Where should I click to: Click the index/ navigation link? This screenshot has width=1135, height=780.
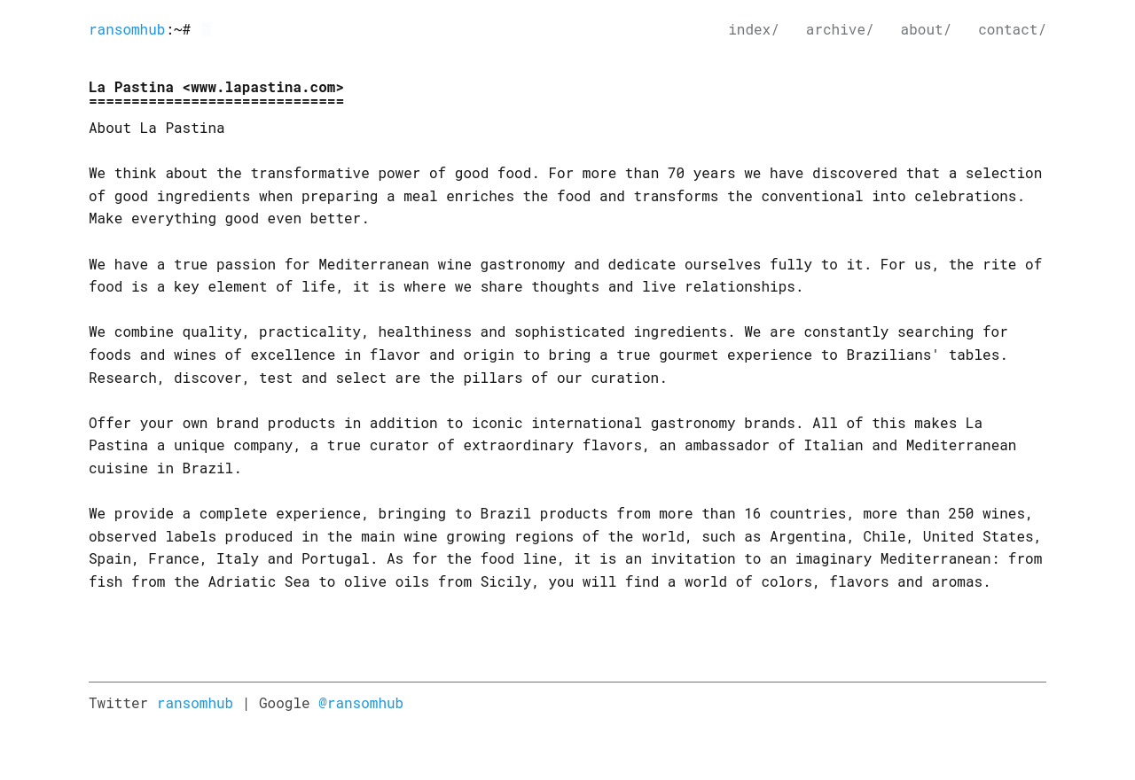753,29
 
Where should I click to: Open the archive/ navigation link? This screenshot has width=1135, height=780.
839,29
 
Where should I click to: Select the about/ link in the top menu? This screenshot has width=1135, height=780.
925,29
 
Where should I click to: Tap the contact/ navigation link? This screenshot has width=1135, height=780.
1012,29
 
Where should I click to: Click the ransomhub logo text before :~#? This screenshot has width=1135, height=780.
127,29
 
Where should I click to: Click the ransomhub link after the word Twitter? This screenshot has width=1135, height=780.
195,703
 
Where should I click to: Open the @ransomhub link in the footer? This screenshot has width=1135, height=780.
361,703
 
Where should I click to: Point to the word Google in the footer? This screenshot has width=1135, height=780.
284,703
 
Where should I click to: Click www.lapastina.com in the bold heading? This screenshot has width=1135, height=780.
263,87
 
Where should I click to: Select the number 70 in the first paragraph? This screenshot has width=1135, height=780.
676,173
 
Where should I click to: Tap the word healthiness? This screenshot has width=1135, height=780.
425,331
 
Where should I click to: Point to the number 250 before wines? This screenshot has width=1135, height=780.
960,513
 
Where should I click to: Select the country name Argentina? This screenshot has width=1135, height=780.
808,536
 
